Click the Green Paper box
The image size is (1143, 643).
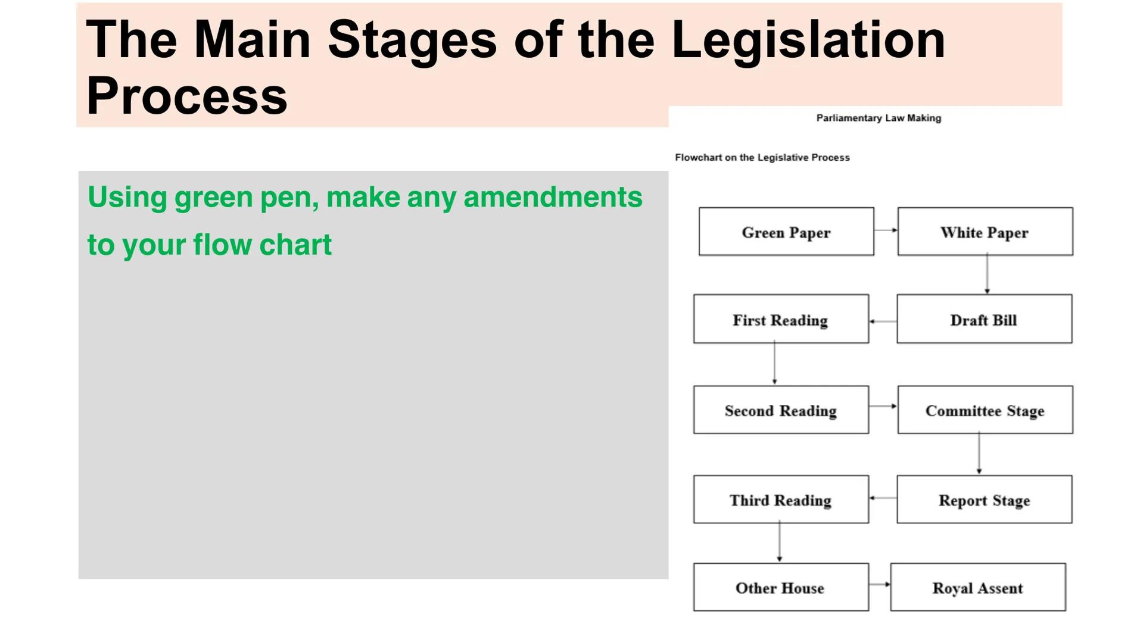786,232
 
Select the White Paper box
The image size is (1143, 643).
985,232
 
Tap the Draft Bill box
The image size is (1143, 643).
984,319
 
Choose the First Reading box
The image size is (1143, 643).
780,319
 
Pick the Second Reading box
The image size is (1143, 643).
780,410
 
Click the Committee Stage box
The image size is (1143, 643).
985,410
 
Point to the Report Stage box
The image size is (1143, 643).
984,500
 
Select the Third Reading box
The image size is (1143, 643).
780,500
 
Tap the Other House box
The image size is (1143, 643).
780,587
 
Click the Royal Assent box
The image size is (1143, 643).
977,587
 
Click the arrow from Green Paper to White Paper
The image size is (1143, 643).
886,230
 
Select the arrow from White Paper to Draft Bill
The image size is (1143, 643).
987,274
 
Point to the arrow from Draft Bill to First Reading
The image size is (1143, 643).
883,321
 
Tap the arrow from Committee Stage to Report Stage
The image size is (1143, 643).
979,454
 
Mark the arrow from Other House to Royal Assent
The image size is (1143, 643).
879,585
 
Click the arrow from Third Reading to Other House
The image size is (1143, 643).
779,542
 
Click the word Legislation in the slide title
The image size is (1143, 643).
808,39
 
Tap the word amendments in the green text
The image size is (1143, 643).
553,197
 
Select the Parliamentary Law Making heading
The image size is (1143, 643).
879,118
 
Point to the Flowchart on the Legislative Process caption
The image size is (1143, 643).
762,157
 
